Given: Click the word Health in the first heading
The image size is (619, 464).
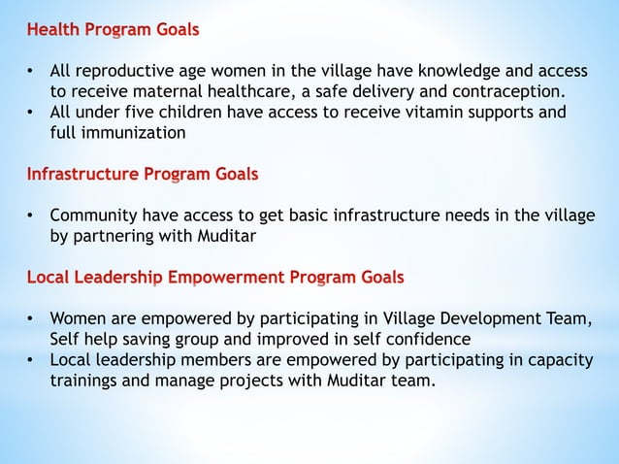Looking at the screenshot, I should coord(54,30).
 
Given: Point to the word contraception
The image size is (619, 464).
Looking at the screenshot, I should coord(507,92).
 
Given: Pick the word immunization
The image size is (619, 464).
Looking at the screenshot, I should coord(135,133).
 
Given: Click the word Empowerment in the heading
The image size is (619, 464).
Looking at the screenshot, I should coord(229,278).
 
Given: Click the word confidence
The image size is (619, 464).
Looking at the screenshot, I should coord(421,339).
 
